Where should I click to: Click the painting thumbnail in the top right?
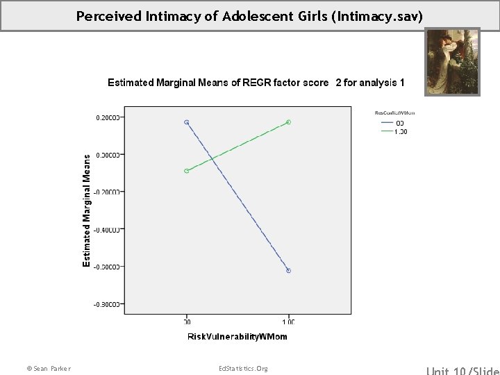coord(452,62)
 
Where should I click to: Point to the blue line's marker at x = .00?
coord(187,122)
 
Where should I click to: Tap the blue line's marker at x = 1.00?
coord(288,271)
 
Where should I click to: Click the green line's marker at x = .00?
coord(187,171)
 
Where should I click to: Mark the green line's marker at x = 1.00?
coord(288,122)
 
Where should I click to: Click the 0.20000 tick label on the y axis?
coord(108,117)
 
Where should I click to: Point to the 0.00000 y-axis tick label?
coord(108,155)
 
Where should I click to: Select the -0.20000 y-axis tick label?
coord(107,192)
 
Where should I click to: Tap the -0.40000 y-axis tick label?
coord(107,229)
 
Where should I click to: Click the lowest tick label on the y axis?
coord(107,303)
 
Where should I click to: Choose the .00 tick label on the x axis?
coord(187,322)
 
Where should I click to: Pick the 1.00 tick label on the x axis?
coord(288,322)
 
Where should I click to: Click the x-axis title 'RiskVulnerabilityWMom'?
coord(237,337)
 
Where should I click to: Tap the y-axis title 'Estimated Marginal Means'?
coord(86,210)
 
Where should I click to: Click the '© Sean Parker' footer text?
coord(48,368)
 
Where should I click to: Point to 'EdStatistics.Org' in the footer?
coord(242,368)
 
